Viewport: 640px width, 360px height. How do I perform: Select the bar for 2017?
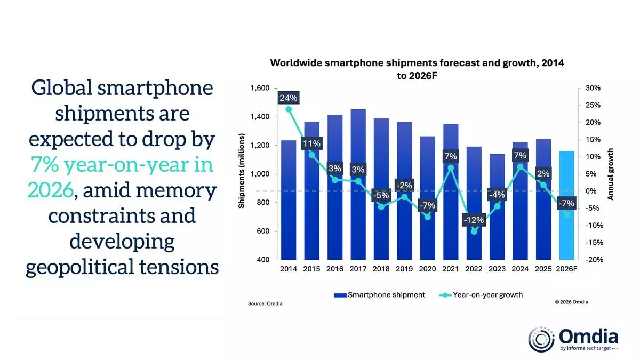pos(358,213)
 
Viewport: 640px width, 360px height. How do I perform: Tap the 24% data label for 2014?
pos(289,98)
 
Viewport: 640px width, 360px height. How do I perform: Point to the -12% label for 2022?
pos(474,220)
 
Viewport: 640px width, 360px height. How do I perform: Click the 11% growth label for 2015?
pos(312,143)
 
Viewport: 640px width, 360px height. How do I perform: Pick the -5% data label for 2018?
pos(381,195)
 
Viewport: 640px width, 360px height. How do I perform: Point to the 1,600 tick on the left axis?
pos(260,89)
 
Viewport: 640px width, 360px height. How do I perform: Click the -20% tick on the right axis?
pos(594,260)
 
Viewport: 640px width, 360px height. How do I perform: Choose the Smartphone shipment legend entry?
pos(379,294)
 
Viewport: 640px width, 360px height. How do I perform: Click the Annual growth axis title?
pos(611,174)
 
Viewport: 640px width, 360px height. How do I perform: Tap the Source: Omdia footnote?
pos(265,304)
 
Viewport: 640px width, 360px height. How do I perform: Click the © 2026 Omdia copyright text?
pos(571,302)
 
